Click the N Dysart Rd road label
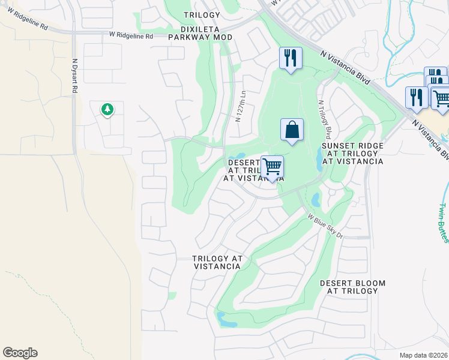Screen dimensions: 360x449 [x=75, y=75]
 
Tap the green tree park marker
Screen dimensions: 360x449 [x=107, y=110]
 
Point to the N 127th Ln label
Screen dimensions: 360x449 [x=240, y=106]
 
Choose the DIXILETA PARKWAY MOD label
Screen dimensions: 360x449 [x=200, y=32]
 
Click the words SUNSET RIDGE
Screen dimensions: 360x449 [x=352, y=146]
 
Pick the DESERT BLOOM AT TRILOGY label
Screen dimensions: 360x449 [x=352, y=287]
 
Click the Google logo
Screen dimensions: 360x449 [x=20, y=353]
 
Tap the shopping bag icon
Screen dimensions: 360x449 [x=292, y=130]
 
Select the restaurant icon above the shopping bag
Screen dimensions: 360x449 [x=291, y=59]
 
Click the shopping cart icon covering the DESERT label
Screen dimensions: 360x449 [x=272, y=167]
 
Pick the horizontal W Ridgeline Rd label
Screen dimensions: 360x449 [x=131, y=36]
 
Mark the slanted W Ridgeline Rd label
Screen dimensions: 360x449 [x=27, y=25]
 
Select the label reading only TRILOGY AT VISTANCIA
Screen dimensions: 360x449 [x=217, y=262]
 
